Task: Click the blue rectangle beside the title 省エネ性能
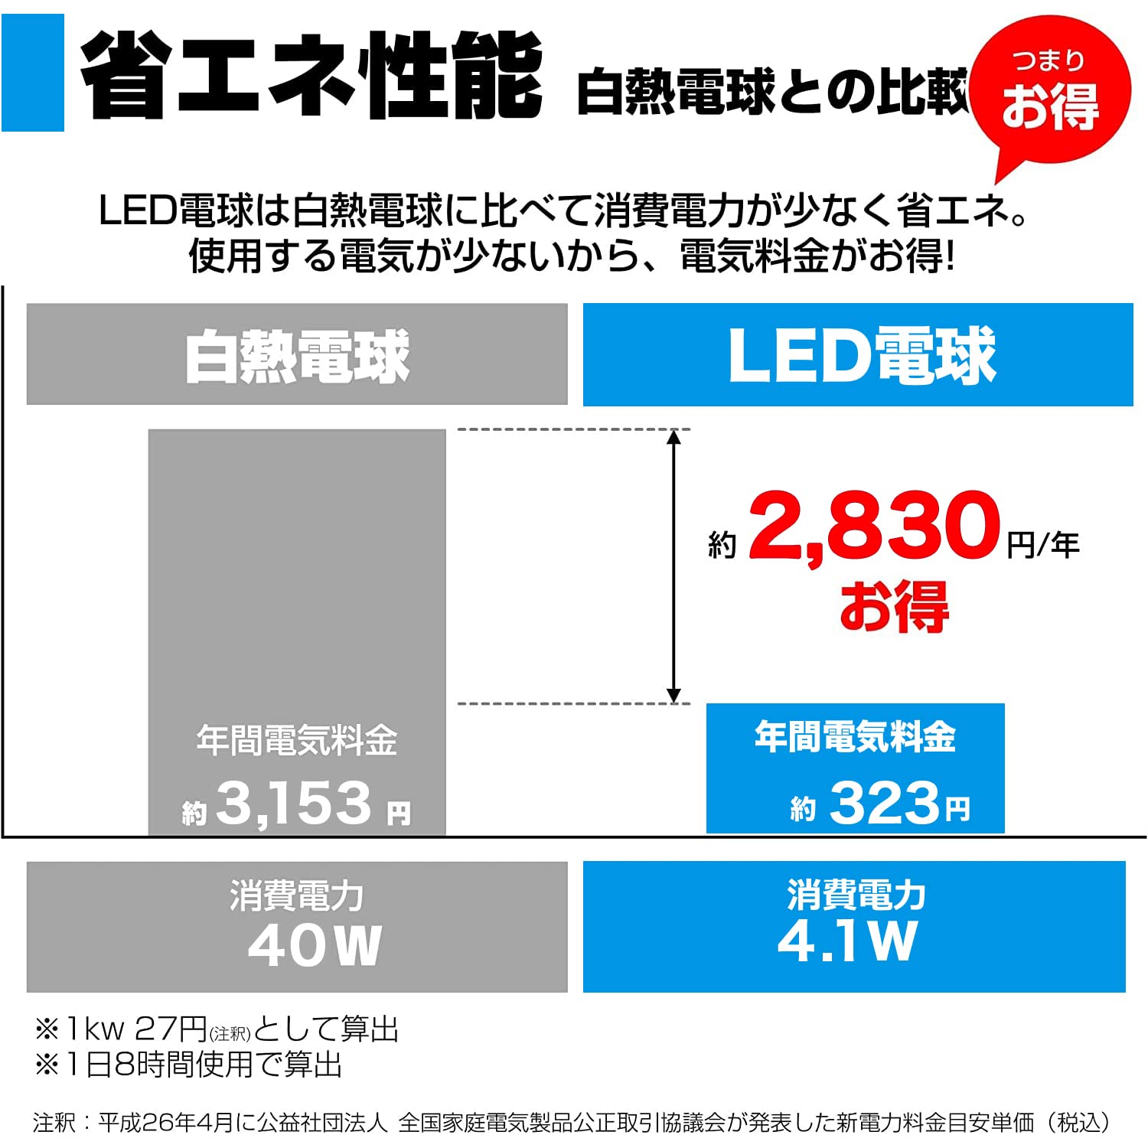(32, 73)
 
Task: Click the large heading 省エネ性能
(311, 77)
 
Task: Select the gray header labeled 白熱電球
(297, 355)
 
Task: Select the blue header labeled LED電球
(858, 355)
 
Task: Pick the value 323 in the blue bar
(884, 804)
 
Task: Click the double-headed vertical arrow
(673, 566)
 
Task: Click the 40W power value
(315, 946)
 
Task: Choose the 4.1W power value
(846, 941)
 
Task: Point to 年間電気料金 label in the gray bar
(297, 741)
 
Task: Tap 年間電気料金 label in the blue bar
(855, 737)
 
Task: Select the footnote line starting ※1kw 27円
(217, 1029)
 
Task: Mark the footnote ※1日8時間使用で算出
(188, 1065)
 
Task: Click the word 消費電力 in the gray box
(297, 895)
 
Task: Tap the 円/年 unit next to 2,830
(1042, 545)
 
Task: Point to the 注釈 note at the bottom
(571, 1123)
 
